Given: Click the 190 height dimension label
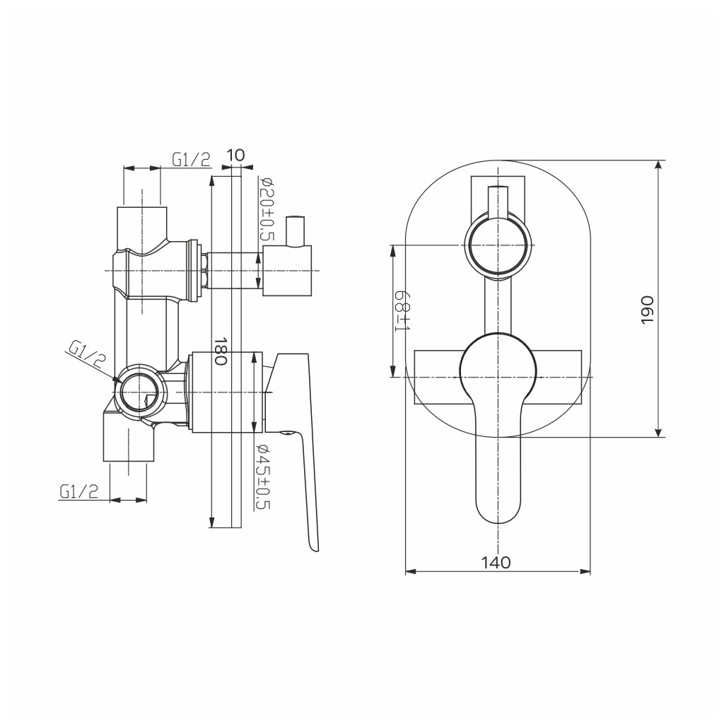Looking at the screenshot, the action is [648, 310].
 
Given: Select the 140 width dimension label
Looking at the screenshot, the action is [496, 562].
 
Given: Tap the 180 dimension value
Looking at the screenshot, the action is [221, 351].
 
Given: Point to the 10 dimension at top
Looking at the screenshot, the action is [236, 155].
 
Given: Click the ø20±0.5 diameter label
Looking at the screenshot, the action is [267, 209].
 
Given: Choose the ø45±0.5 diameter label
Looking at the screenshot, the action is [263, 477].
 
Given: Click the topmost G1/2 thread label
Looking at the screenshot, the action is [191, 159].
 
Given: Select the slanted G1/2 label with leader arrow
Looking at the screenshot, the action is [87, 354].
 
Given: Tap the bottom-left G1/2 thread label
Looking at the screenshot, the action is [79, 492].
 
